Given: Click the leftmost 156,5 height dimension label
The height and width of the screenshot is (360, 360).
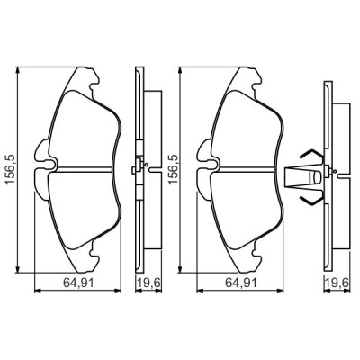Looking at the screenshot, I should pyautogui.click(x=10, y=167).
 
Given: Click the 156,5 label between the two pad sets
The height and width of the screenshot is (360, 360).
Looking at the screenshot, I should pyautogui.click(x=172, y=167).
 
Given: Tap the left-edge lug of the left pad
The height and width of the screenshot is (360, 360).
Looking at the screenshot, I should pyautogui.click(x=39, y=167).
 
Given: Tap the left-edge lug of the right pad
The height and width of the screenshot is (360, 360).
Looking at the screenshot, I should pyautogui.click(x=202, y=167).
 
